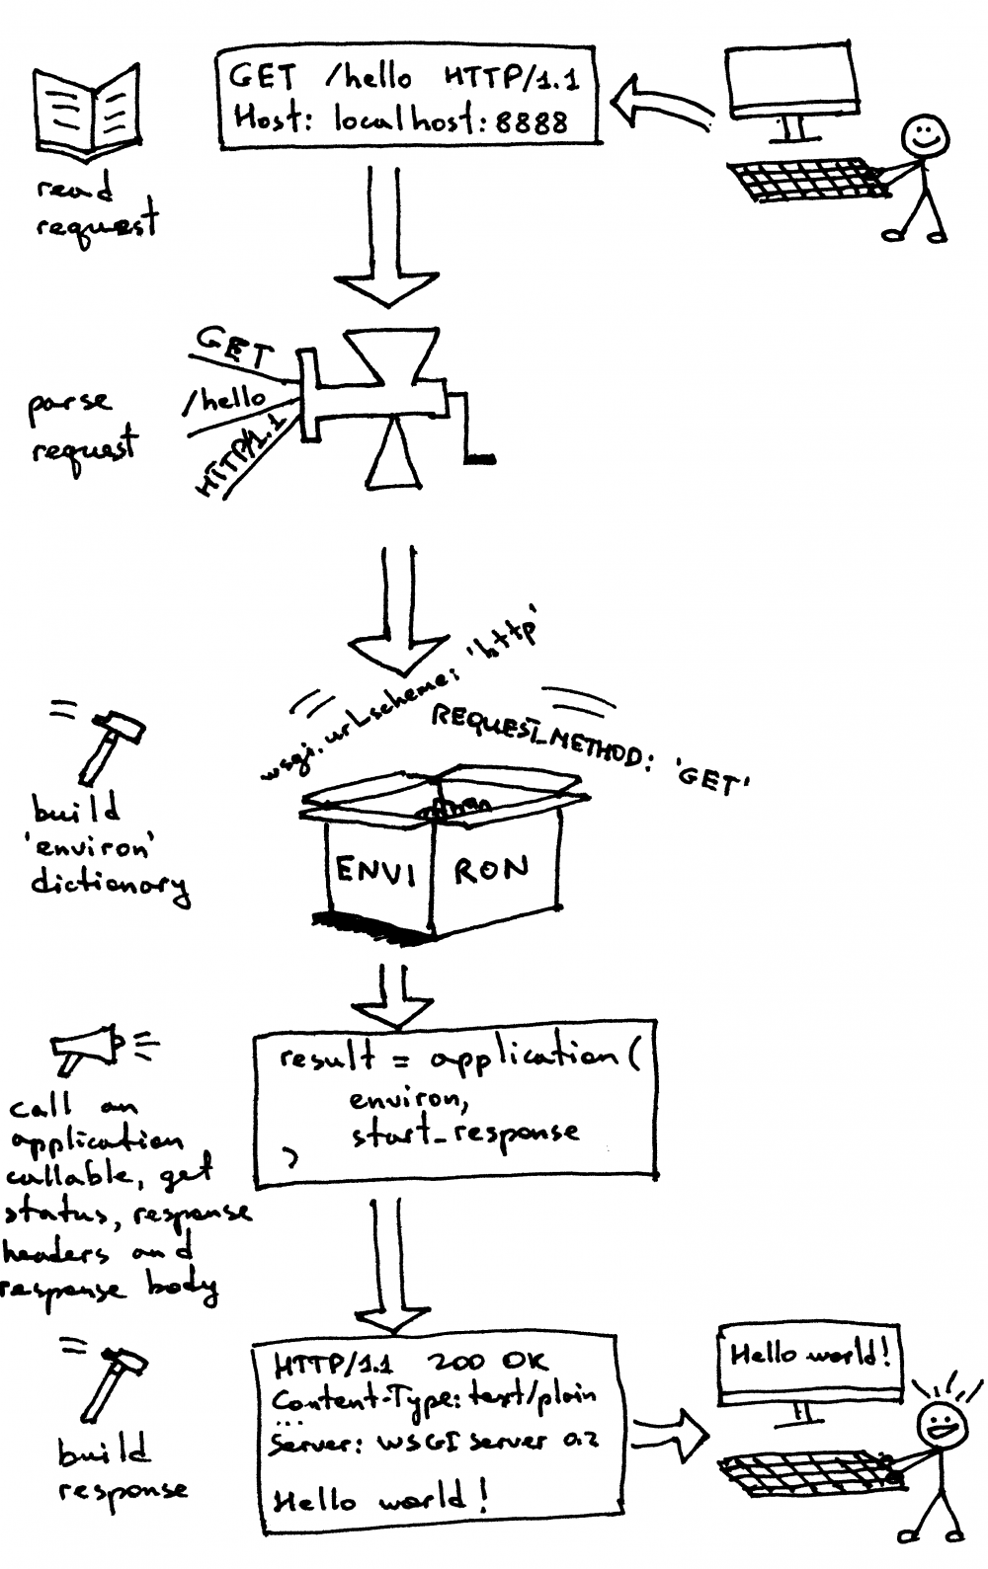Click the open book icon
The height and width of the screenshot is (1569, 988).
86,112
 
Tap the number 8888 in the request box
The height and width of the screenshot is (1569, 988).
532,121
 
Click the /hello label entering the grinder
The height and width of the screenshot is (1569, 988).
227,399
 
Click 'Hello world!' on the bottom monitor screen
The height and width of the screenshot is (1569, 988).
809,1354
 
